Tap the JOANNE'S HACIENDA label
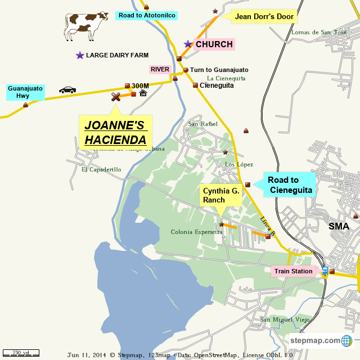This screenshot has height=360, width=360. click(x=115, y=132)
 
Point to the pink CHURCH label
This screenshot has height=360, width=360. click(x=214, y=44)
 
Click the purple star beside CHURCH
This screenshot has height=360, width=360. click(x=188, y=44)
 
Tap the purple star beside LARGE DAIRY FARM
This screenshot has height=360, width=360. click(x=80, y=55)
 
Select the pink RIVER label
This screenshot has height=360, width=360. click(x=160, y=69)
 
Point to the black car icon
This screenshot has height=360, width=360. click(x=67, y=90)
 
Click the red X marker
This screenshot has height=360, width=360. click(x=116, y=97)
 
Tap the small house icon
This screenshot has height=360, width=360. click(x=143, y=93)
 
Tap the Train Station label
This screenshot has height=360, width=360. click(x=293, y=271)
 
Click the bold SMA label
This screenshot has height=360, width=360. click(x=339, y=226)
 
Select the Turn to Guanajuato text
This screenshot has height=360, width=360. click(x=219, y=70)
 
